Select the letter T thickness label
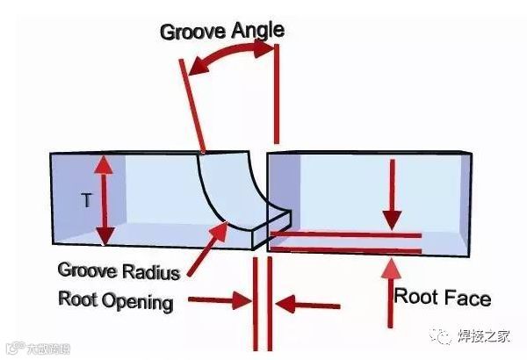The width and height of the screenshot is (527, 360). [86, 201]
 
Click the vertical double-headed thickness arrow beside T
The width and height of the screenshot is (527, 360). [105, 200]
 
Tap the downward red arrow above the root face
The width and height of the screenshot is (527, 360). [392, 194]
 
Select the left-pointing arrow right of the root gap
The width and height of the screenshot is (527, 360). [307, 306]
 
